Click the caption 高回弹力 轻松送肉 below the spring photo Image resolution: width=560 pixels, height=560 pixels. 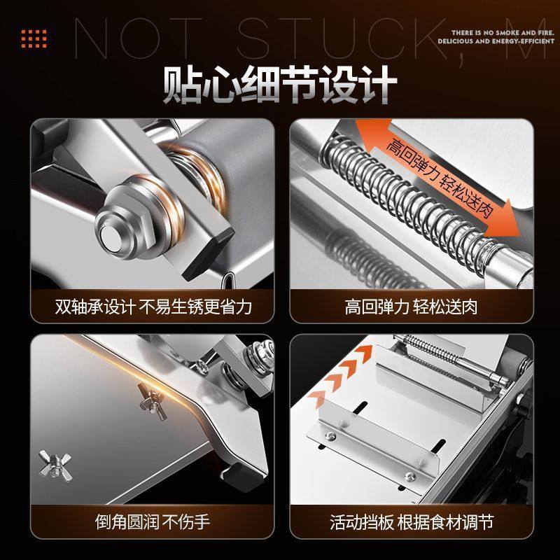pos(411,307)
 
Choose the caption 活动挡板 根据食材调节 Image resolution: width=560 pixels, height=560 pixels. pos(411,521)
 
